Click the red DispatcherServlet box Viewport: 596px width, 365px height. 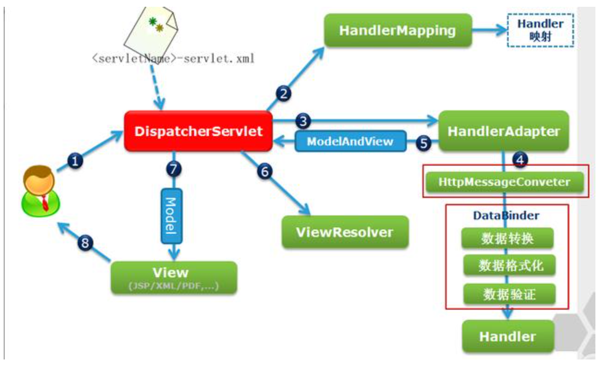(x=198, y=131)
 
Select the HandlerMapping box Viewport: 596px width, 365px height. (x=398, y=30)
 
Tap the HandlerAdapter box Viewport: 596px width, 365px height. (x=503, y=130)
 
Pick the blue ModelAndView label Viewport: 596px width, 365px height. (x=350, y=141)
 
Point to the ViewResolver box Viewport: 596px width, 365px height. (x=345, y=232)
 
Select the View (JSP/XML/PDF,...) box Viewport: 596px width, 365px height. (x=174, y=277)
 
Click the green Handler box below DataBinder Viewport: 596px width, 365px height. (x=507, y=336)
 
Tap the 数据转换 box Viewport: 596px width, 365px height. (x=507, y=238)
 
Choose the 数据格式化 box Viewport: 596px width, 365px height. (x=507, y=266)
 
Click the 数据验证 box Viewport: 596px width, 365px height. (x=507, y=294)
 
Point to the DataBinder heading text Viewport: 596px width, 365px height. (x=506, y=215)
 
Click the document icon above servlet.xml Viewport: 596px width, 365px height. (x=151, y=30)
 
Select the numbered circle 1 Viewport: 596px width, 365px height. (x=75, y=162)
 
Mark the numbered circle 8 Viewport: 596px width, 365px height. (x=86, y=243)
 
